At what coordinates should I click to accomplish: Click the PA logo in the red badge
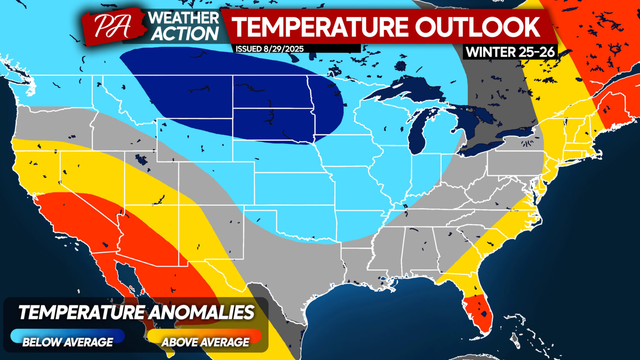tap(111, 26)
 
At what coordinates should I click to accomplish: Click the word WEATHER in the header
tap(184, 18)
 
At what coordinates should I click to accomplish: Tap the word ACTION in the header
tap(185, 34)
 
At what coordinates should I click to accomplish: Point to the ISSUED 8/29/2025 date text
tap(270, 49)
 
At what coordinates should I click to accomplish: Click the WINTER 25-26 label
tap(510, 52)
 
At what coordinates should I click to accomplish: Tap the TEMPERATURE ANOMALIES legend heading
tap(136, 312)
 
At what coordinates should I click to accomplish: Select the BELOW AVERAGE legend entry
tap(67, 342)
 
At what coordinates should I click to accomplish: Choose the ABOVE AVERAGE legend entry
tap(205, 342)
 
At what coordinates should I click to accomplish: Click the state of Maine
tap(612, 104)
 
